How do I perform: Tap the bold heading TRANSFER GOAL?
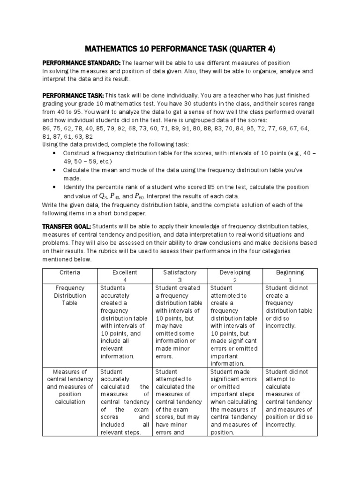(x=67, y=226)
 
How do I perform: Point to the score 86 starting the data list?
(x=47, y=128)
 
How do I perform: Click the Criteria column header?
(x=70, y=272)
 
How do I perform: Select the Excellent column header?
(x=125, y=272)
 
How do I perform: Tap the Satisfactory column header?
(x=180, y=272)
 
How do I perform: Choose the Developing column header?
(x=235, y=272)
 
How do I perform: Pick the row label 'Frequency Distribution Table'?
(x=70, y=296)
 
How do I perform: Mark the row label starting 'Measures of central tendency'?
(x=70, y=387)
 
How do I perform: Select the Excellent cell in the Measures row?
(x=125, y=402)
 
